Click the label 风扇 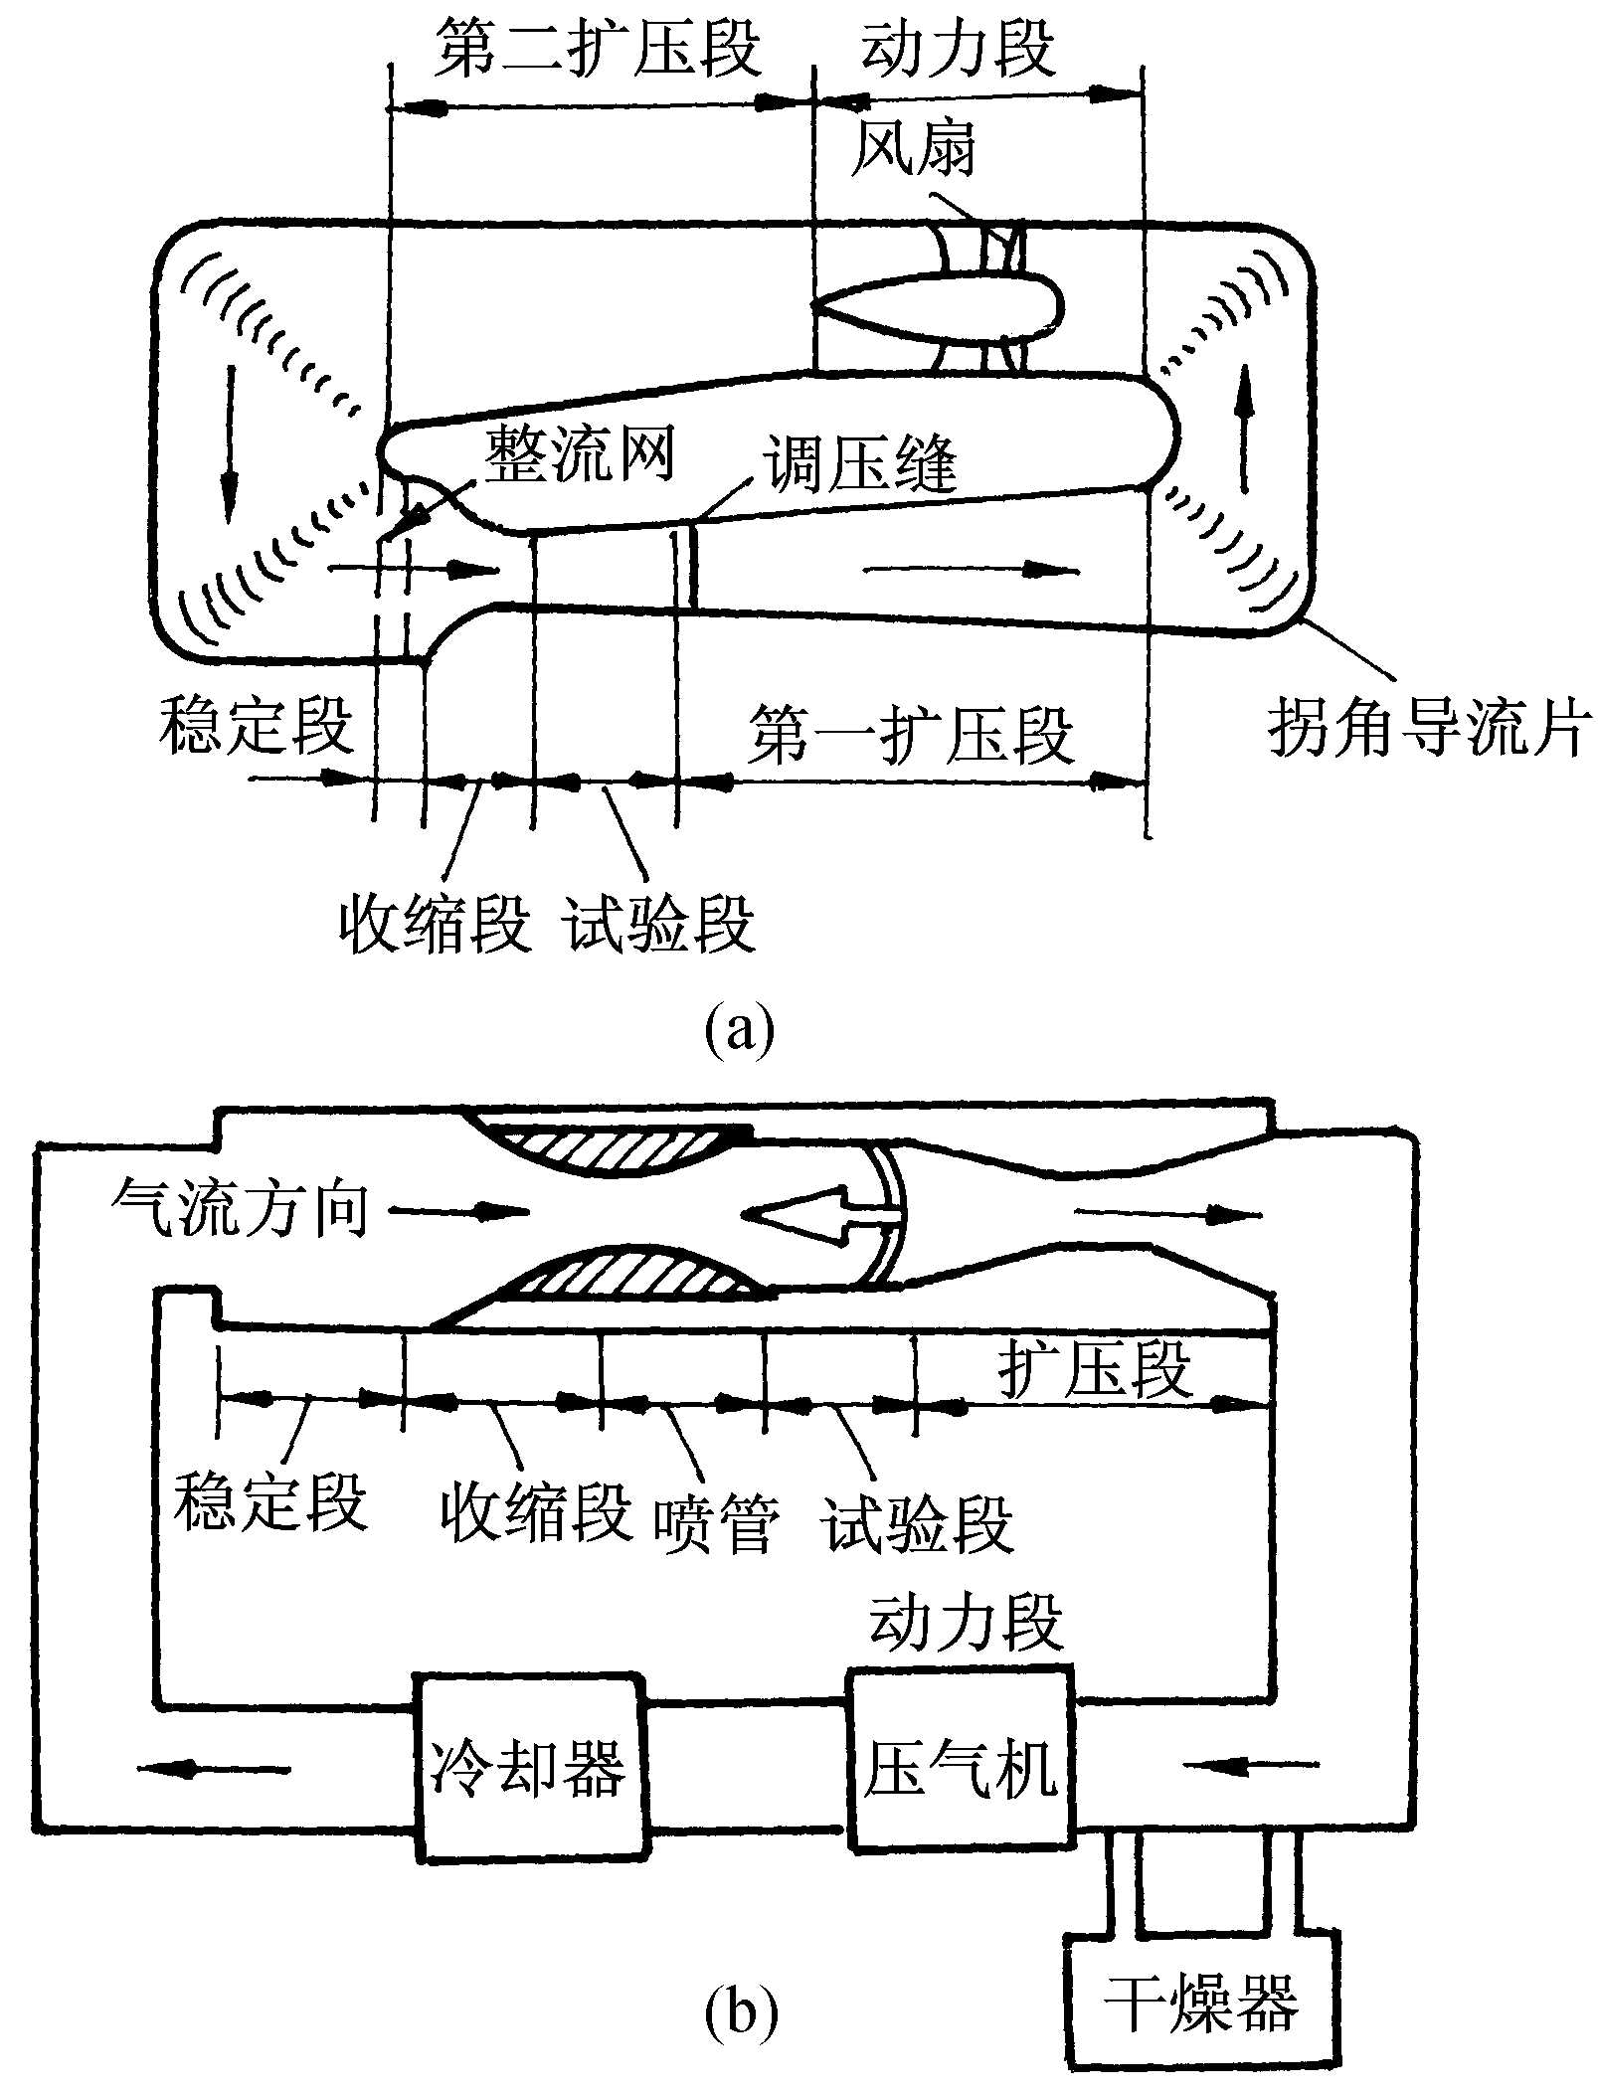(913, 150)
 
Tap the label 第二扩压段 (598, 49)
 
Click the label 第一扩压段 (911, 736)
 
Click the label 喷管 (715, 1525)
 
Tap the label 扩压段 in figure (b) (1094, 1370)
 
